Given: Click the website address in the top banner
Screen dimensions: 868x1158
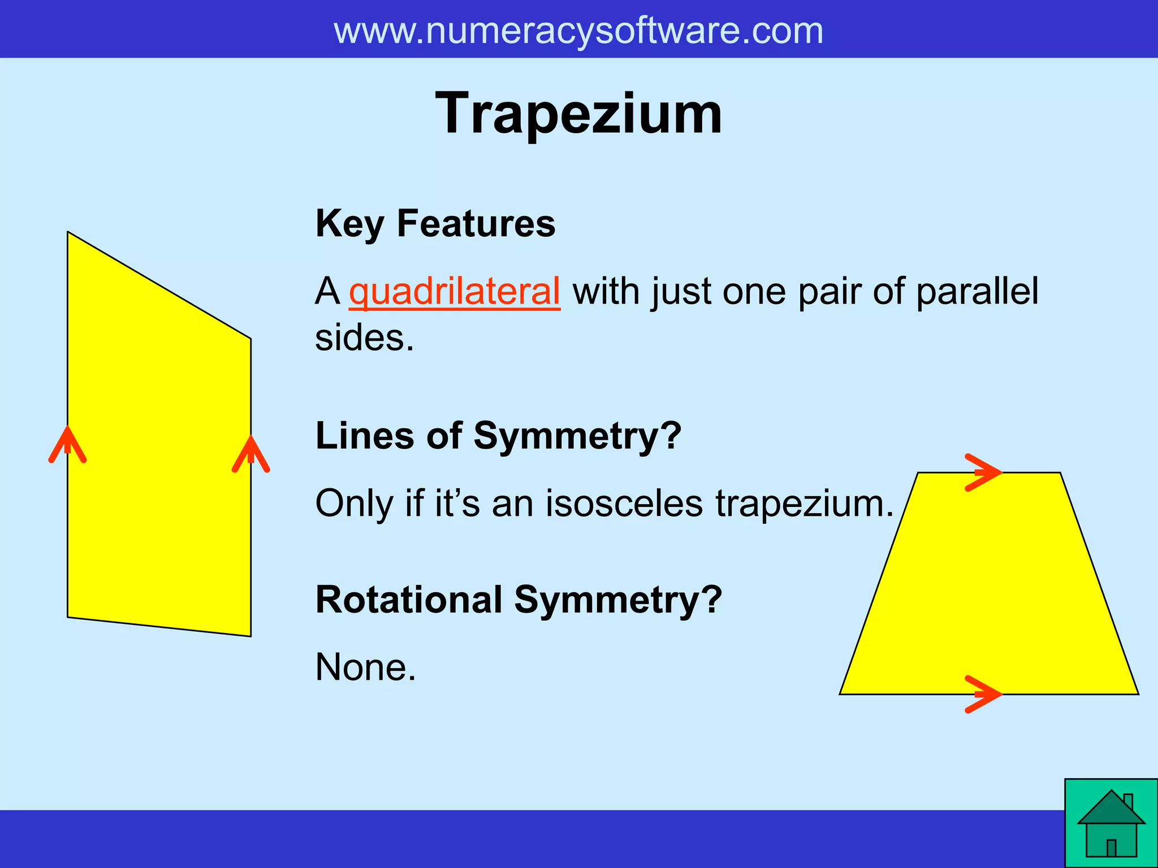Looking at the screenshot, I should [x=578, y=31].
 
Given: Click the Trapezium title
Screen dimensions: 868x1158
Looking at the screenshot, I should [x=578, y=114].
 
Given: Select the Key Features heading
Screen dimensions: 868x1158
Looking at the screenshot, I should [x=435, y=223].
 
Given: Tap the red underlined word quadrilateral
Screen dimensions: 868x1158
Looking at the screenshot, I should [x=454, y=292].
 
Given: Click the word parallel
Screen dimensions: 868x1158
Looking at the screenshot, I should [x=977, y=292].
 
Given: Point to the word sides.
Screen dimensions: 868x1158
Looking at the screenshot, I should [x=364, y=338].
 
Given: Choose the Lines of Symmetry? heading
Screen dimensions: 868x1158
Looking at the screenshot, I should [x=498, y=436].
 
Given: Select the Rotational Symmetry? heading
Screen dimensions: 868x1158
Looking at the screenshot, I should [x=518, y=600].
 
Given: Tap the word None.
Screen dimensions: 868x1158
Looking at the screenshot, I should [x=365, y=667].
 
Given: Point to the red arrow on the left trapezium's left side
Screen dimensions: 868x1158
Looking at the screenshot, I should [x=68, y=445].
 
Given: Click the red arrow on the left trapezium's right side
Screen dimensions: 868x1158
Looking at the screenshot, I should [x=251, y=454].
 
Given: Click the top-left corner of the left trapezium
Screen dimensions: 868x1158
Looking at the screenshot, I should [x=68, y=232].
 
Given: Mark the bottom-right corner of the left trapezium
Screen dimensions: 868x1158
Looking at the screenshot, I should [x=250, y=636].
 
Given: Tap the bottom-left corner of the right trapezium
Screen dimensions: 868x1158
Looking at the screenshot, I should [x=841, y=693].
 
